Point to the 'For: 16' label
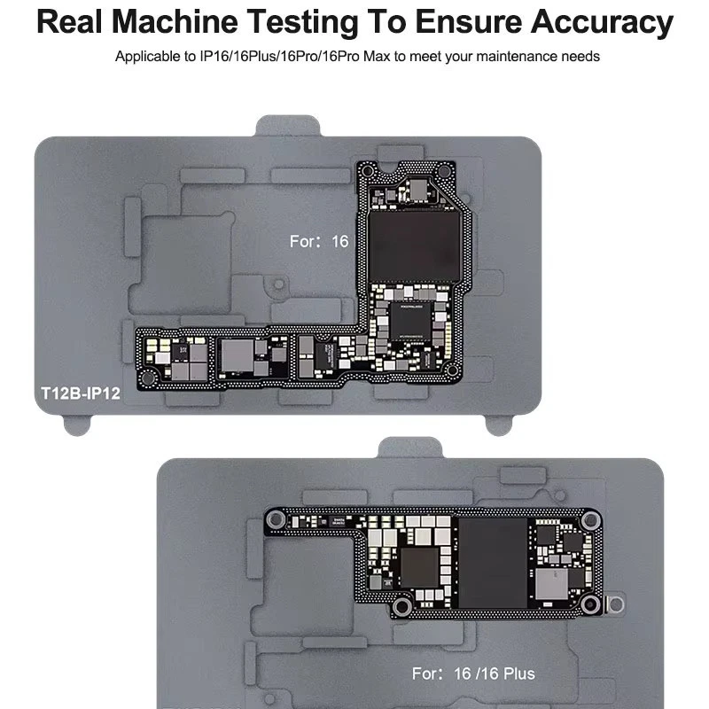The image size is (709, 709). coord(319,241)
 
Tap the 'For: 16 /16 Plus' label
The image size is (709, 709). coord(474,674)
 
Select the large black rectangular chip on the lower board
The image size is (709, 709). coord(493,563)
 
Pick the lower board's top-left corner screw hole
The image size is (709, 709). coord(277,518)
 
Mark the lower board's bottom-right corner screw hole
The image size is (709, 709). coord(591,606)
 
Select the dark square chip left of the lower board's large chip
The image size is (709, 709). coord(420,567)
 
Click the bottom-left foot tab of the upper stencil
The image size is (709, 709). coord(79,425)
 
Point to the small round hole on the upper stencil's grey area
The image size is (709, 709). coord(279,285)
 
